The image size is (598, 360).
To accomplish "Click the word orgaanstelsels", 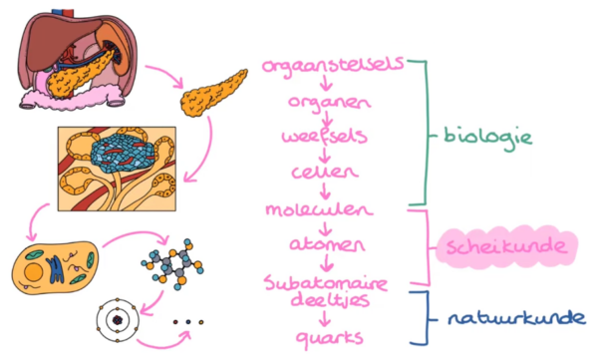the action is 333,66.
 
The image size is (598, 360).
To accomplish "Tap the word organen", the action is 330,103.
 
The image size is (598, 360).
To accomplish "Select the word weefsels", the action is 325,136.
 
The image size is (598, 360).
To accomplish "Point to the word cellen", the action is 325,172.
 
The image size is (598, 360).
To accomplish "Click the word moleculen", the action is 319,209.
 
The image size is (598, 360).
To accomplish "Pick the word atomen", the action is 327,244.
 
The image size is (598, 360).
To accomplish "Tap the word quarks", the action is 330,338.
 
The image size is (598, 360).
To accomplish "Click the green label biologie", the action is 487,137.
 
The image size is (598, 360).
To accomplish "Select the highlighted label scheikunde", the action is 506,246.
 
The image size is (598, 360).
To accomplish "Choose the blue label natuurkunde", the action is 516,318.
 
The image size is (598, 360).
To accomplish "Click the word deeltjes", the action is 330,300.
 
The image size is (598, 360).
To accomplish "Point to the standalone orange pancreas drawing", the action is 213,94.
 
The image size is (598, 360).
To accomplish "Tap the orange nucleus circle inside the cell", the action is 34,272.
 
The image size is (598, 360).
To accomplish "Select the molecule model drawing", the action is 172,264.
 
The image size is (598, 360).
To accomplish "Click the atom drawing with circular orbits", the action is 117,320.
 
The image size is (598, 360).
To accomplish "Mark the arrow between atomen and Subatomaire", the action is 326,262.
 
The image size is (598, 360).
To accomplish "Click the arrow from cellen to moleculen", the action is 325,190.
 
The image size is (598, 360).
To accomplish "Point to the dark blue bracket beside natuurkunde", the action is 424,318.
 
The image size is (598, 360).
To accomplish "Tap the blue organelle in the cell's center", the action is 55,269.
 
